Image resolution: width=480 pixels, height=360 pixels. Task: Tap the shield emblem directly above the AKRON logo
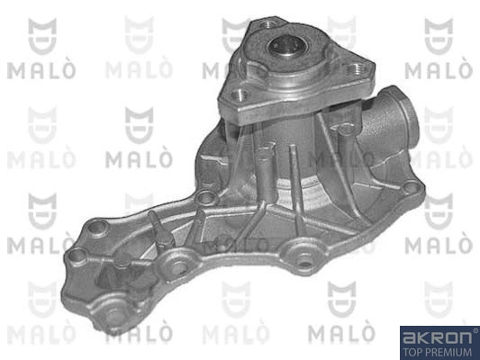[439, 296]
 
